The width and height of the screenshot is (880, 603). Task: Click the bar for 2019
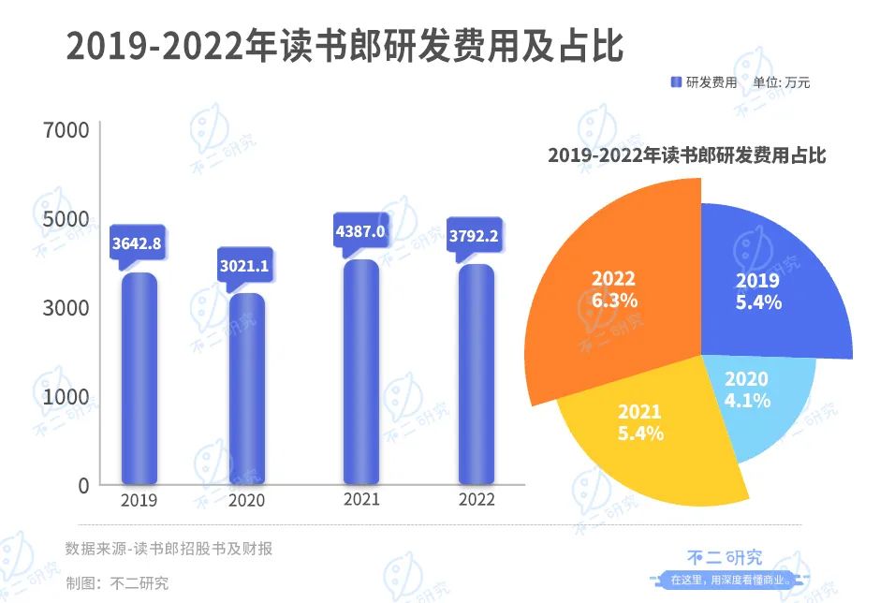point(139,378)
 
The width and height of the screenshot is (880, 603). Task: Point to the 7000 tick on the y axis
point(66,130)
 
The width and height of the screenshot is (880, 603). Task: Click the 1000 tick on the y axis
point(66,397)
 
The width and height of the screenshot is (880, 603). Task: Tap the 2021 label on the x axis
point(361,499)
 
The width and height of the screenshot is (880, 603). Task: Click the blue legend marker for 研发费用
point(676,82)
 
